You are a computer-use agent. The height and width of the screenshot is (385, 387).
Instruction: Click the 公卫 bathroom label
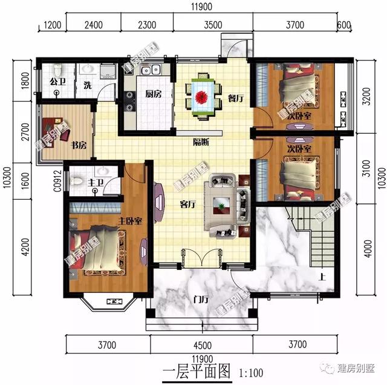click(57, 81)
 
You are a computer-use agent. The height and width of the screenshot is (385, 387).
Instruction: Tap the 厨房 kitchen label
click(153, 94)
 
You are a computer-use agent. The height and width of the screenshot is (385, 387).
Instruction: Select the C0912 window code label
click(56, 180)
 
